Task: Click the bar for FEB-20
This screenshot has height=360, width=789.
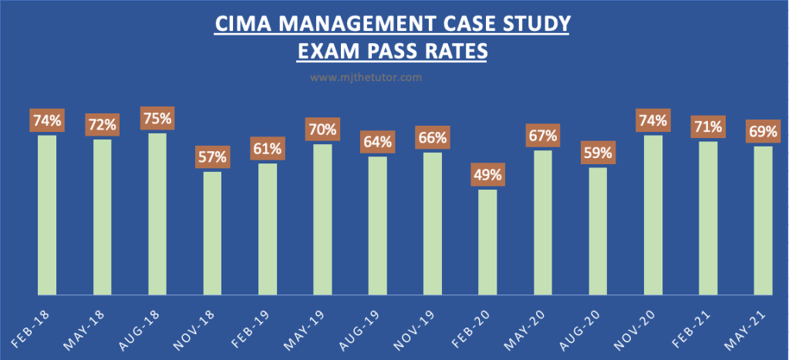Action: coord(487,242)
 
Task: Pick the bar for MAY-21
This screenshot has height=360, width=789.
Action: coord(763,220)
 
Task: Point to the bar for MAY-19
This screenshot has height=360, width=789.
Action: coord(322,219)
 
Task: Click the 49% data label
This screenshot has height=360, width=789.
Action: coord(487,175)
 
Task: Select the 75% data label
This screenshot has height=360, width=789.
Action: coord(157,119)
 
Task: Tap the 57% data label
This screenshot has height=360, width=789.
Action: coord(212,157)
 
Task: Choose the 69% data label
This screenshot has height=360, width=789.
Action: coord(763,131)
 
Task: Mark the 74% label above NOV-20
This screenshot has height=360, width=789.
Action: coord(652,121)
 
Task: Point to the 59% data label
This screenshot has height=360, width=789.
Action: coord(598,153)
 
